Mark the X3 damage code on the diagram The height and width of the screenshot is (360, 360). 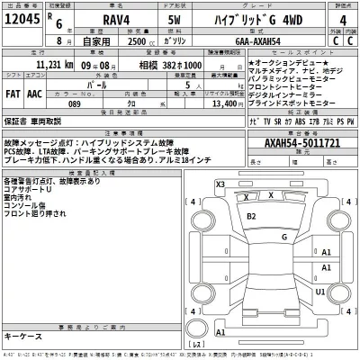tap(220, 184)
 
